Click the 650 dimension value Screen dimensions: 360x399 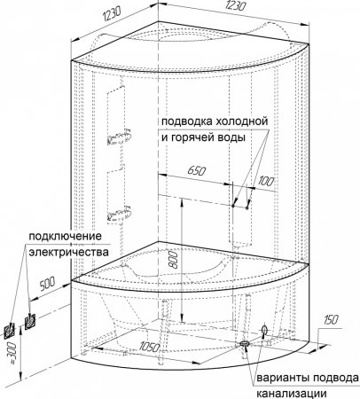197,171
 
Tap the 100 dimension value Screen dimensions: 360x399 266,182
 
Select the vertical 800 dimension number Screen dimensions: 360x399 175,260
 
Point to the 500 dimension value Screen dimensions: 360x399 47,285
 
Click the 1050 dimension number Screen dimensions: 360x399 150,347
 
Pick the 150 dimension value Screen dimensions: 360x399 331,320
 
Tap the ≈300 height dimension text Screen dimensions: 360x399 11,351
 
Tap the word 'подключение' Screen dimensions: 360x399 65,237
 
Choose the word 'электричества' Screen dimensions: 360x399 69,253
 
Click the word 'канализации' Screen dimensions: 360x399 292,394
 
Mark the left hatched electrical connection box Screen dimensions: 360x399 10,331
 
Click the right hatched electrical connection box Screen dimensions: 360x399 30,321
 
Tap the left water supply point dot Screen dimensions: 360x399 233,205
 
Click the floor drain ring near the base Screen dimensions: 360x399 245,343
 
